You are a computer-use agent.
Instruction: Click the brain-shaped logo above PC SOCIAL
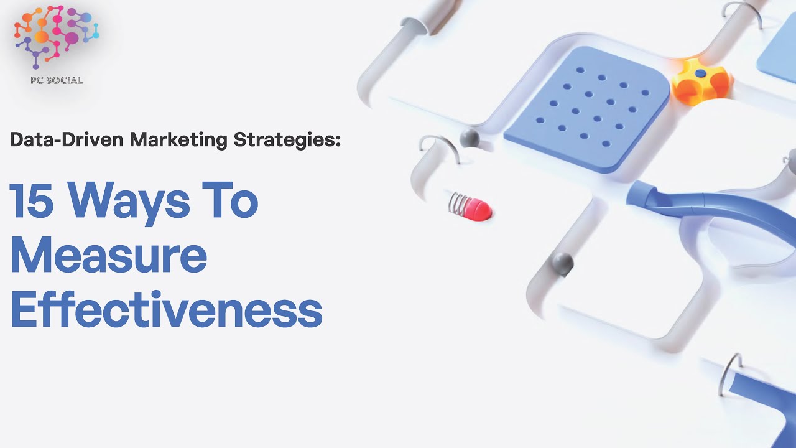(57, 37)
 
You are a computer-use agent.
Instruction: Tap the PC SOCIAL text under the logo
(57, 80)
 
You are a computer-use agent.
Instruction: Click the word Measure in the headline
(109, 256)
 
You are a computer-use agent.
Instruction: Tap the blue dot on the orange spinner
(701, 73)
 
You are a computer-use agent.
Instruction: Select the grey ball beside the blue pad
(470, 138)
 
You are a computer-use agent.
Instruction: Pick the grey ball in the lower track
(563, 263)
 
